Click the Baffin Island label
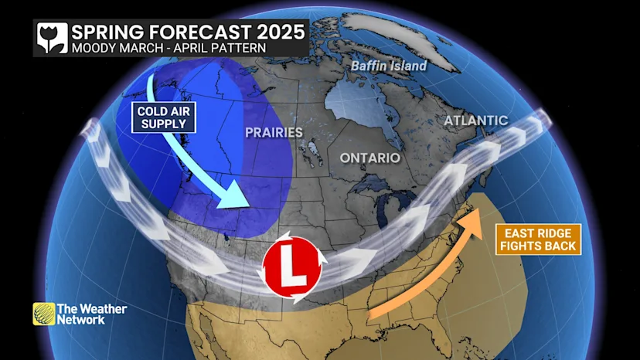pos(389,66)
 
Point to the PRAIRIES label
pos(274,132)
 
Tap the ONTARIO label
pos(370,158)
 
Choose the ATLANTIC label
pos(476,121)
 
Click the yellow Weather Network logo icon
pos(44,314)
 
